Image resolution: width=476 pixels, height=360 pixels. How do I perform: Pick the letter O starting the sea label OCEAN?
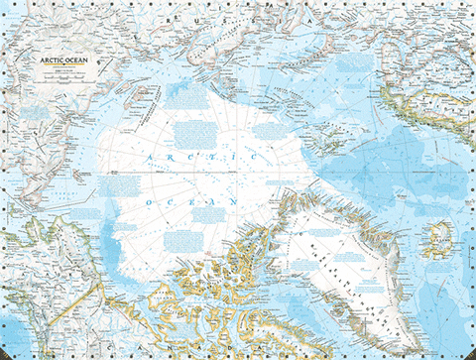149,201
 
